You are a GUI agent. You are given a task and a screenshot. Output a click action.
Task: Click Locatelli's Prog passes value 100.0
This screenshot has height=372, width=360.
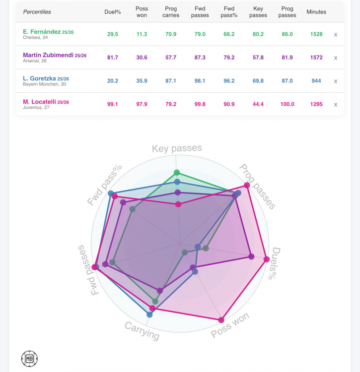point(287,104)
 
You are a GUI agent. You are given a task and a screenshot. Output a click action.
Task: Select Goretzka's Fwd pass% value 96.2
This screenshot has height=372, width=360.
point(229,81)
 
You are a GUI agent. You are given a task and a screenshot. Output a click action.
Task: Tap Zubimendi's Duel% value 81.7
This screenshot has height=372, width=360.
point(112,58)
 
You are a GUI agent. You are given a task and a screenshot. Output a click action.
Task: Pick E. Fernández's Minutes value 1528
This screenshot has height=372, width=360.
point(316,34)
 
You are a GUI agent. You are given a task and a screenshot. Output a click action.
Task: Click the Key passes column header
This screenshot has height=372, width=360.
point(258,12)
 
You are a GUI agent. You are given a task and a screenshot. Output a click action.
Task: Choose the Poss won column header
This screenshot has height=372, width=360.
point(142,12)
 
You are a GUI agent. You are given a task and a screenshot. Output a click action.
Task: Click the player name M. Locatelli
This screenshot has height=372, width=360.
point(40,102)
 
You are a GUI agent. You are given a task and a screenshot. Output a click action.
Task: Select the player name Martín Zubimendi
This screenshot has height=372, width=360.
point(48,55)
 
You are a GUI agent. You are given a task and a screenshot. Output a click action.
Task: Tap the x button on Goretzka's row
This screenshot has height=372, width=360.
point(336,81)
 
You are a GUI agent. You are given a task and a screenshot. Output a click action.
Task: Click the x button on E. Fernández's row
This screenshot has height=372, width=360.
point(336,35)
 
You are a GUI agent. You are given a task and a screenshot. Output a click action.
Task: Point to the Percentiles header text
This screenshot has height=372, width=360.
point(37,12)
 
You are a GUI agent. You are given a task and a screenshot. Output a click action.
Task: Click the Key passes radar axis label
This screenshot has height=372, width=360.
point(177,148)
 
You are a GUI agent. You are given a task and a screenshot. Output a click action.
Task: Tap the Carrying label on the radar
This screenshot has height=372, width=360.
point(142,330)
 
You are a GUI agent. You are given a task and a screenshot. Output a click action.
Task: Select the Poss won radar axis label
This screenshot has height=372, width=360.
point(230,325)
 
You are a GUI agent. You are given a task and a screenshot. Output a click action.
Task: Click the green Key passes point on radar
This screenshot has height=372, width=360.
point(176,173)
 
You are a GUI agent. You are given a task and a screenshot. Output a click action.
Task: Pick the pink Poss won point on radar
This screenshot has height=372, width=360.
point(221,320)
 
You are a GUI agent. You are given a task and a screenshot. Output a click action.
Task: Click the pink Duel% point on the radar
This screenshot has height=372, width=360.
point(267,259)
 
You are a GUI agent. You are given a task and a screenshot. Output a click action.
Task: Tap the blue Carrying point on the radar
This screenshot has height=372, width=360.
point(150,314)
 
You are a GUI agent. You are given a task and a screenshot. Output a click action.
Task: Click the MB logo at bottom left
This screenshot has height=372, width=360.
point(29,359)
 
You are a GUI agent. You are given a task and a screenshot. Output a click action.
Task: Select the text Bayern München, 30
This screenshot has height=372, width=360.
point(43,84)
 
